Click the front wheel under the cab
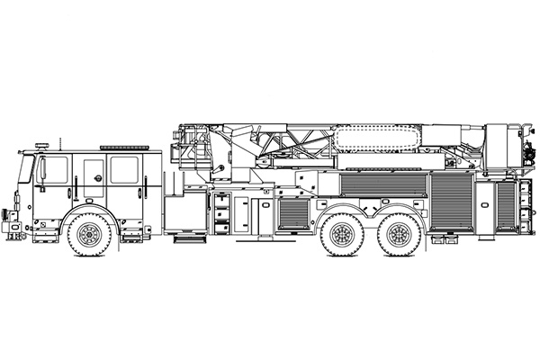pyautogui.click(x=88, y=235)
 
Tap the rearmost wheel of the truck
pyautogui.click(x=396, y=235)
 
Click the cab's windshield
pyautogui.click(x=27, y=171)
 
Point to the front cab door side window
pyautogui.click(x=54, y=170)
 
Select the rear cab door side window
pyautogui.click(x=124, y=170)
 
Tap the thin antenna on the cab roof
pyautogui.click(x=61, y=141)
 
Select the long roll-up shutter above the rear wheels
pyautogui.click(x=382, y=184)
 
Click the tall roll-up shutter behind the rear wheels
pyautogui.click(x=451, y=209)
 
